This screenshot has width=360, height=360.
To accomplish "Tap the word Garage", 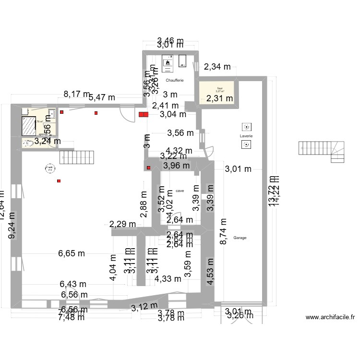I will click(x=240, y=238).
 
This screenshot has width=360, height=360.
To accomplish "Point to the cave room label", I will click(x=180, y=191).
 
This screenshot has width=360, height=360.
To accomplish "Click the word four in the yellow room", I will click(x=220, y=88).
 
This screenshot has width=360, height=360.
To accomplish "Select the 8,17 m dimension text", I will click(x=77, y=95).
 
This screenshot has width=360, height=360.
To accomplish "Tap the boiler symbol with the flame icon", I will click(x=168, y=61).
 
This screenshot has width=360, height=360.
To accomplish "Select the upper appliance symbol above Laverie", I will click(x=246, y=127).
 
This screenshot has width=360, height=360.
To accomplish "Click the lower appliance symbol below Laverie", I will click(x=246, y=144).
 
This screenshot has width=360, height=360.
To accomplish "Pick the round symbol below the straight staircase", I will click(x=49, y=168).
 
